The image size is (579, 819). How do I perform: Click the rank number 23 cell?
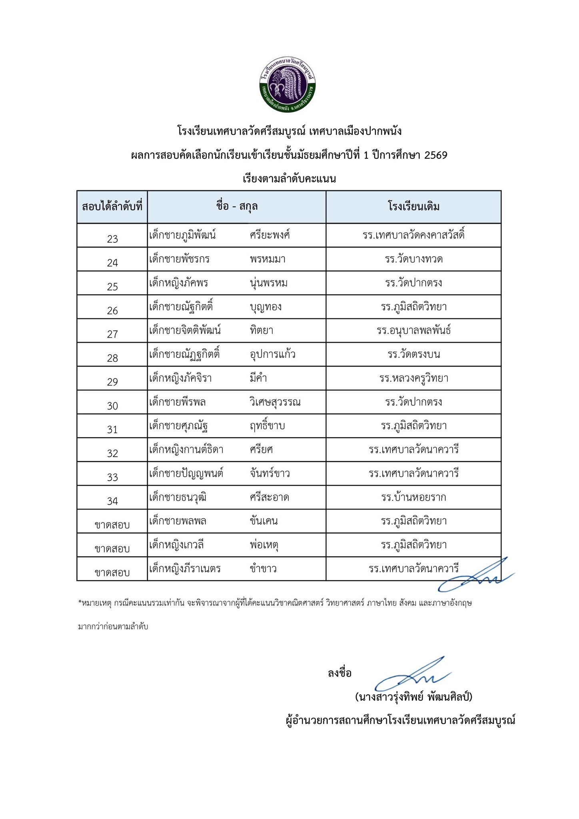[112, 239]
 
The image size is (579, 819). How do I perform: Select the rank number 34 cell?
[112, 501]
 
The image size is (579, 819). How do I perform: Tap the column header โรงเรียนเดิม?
[413, 207]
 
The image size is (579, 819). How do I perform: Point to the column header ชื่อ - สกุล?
[237, 207]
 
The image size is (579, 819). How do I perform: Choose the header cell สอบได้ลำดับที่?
[112, 207]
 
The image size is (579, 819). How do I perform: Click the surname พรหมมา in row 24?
[268, 259]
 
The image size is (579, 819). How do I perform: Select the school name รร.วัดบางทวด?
[413, 259]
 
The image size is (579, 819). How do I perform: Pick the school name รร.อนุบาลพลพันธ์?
[413, 331]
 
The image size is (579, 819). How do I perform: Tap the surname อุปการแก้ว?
[272, 354]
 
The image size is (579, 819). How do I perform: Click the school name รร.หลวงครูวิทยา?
[413, 378]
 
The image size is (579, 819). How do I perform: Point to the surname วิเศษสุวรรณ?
[275, 402]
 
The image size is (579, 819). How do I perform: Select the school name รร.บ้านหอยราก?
[413, 497]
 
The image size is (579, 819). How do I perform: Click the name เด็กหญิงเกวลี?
[176, 545]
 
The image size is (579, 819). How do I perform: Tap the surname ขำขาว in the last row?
[263, 569]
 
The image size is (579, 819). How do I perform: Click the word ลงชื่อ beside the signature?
[339, 673]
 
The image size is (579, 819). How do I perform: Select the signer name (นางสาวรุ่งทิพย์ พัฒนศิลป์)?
[413, 697]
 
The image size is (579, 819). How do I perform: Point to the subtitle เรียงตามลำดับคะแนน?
[289, 179]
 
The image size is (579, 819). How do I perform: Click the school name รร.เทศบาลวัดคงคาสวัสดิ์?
[413, 235]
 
